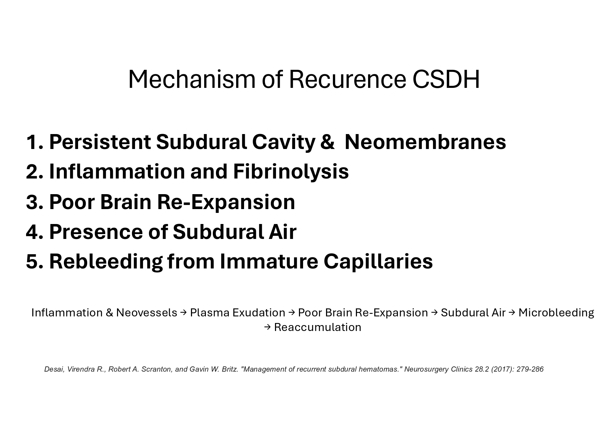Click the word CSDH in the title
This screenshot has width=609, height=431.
tap(446, 79)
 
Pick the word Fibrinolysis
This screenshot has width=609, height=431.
tap(291, 172)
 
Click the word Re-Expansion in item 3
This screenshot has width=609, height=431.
tap(226, 202)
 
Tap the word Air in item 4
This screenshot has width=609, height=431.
tap(282, 232)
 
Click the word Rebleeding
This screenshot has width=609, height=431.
tap(106, 262)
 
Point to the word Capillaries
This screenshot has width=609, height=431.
tap(378, 262)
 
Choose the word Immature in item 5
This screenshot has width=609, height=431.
tap(269, 262)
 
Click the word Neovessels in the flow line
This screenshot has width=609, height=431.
tap(147, 313)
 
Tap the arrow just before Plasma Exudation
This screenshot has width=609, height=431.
tap(184, 313)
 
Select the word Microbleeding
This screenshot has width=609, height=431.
tap(556, 313)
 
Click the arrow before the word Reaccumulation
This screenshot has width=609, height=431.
tap(267, 327)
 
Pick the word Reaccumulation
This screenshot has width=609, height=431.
tap(318, 327)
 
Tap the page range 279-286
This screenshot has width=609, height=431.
tap(530, 369)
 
